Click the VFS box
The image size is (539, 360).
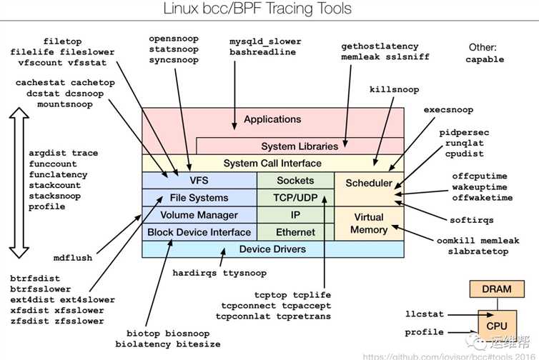(199, 181)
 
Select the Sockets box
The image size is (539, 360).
(295, 181)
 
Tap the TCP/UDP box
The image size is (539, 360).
(295, 197)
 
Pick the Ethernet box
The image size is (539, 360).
(295, 231)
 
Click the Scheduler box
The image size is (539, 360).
(369, 183)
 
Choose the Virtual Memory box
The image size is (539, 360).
(369, 223)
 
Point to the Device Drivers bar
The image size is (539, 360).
(272, 249)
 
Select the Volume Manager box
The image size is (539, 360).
(199, 214)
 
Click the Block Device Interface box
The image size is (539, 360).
(199, 231)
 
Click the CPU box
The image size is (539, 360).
(497, 325)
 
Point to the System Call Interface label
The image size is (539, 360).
(272, 164)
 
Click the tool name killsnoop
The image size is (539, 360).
(395, 90)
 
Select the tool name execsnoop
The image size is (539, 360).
(448, 110)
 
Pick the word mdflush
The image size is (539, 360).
(73, 258)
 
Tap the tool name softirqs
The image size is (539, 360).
(472, 219)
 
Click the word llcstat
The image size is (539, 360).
(425, 314)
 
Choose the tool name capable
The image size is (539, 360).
(485, 59)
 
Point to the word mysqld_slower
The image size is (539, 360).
(266, 41)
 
